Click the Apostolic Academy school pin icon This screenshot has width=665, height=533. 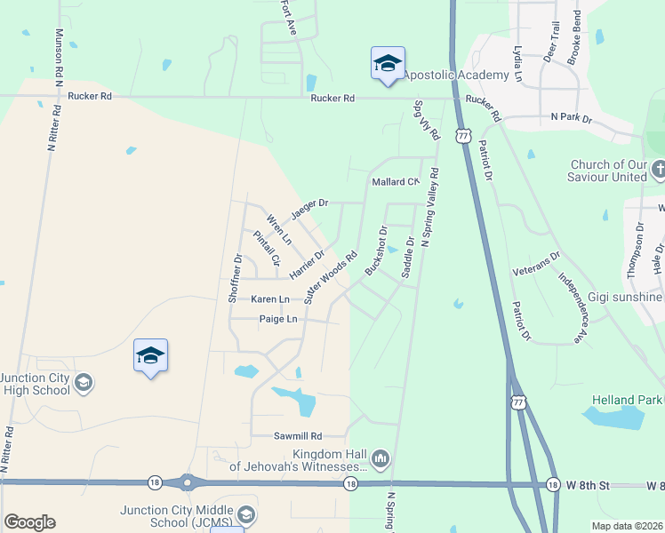tap(388, 64)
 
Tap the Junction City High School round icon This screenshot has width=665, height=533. tap(83, 383)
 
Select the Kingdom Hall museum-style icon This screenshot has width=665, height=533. tap(381, 458)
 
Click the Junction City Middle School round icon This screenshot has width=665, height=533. tap(245, 514)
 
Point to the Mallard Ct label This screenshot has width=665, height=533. tap(395, 182)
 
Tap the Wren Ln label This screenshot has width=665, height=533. tap(279, 228)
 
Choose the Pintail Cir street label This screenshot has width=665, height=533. tap(267, 248)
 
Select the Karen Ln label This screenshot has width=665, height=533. tap(270, 299)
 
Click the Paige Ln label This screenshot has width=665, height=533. tap(278, 319)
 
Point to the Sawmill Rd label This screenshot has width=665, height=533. tap(297, 436)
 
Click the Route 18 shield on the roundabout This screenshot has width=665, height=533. tap(153, 482)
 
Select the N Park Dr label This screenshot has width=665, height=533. tap(571, 116)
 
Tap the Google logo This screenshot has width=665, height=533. tap(29, 521)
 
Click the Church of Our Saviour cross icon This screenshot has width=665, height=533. tap(659, 169)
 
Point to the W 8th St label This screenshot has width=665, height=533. tap(590, 484)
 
